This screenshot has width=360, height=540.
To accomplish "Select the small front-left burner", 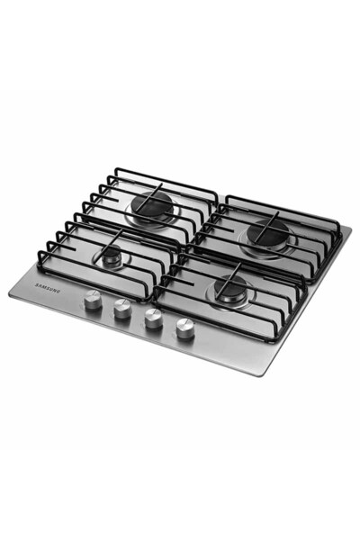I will [112, 258].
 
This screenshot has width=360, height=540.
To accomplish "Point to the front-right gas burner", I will [229, 287].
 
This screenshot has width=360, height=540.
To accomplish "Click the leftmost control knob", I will [93, 299].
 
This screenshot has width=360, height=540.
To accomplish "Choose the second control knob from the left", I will [122, 308].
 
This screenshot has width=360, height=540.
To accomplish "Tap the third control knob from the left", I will [153, 317].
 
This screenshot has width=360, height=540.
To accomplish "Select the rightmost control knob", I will [184, 327].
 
